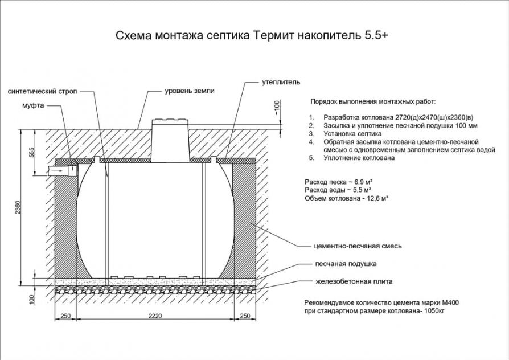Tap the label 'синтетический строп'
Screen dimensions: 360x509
[43, 91]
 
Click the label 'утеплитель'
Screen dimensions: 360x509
[280, 82]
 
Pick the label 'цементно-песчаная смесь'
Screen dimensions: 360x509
[358, 246]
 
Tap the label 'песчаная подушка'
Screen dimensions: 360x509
[346, 264]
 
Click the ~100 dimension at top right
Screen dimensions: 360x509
[277, 108]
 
